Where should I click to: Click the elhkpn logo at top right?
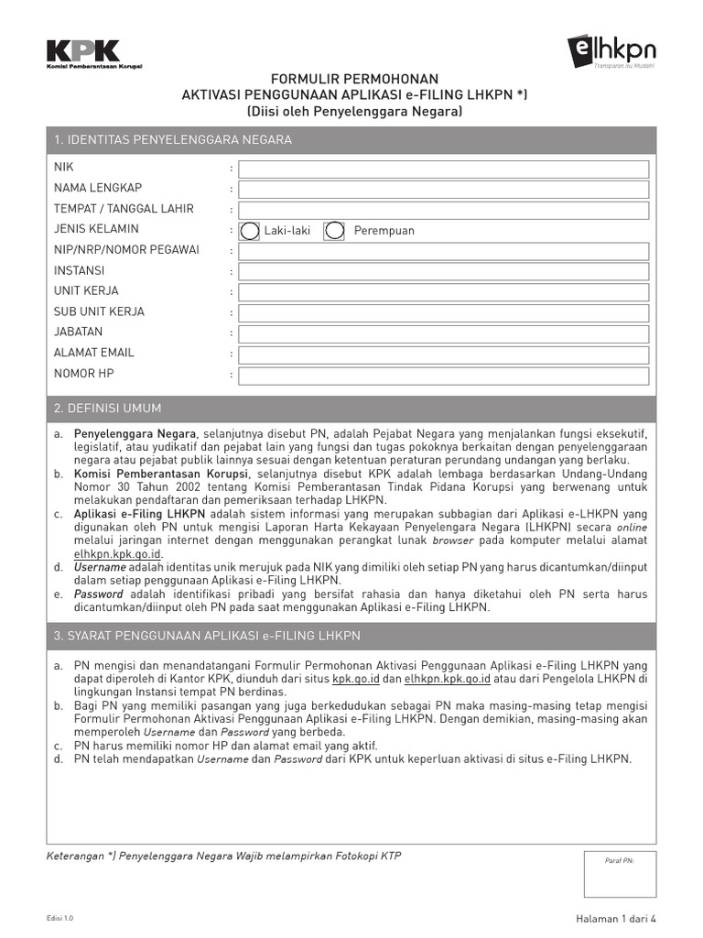pyautogui.click(x=611, y=49)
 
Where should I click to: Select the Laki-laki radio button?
pyautogui.click(x=250, y=230)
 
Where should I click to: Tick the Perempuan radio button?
pyautogui.click(x=336, y=230)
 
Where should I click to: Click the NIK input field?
pyautogui.click(x=444, y=169)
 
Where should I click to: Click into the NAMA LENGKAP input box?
pyautogui.click(x=444, y=190)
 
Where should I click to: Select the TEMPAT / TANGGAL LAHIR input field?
pyautogui.click(x=444, y=210)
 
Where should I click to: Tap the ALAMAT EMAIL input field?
pyautogui.click(x=444, y=354)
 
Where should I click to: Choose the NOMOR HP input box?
pyautogui.click(x=444, y=375)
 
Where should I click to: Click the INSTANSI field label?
pyautogui.click(x=80, y=271)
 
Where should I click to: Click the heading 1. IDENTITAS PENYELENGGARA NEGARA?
pyautogui.click(x=173, y=140)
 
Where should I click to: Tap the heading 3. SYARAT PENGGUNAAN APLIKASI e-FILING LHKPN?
pyautogui.click(x=207, y=636)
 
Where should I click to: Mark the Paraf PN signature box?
pyautogui.click(x=620, y=873)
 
